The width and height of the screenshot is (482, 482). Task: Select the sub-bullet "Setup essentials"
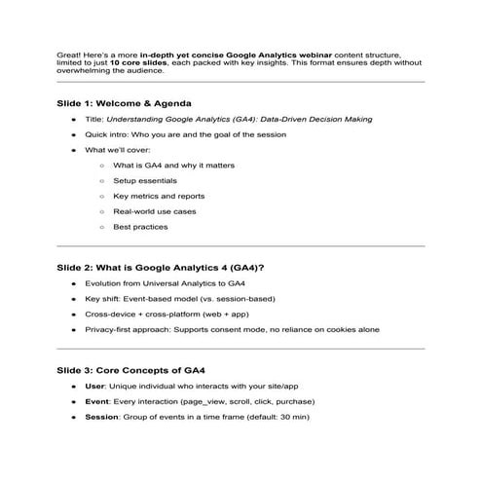tap(144, 180)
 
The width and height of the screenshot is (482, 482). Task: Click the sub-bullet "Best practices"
tap(140, 227)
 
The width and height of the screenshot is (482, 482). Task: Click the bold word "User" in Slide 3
tap(94, 387)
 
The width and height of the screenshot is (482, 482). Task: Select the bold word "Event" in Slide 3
tap(96, 401)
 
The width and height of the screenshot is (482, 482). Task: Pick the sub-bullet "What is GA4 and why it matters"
tap(173, 165)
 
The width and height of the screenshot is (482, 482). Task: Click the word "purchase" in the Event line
tap(293, 401)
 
